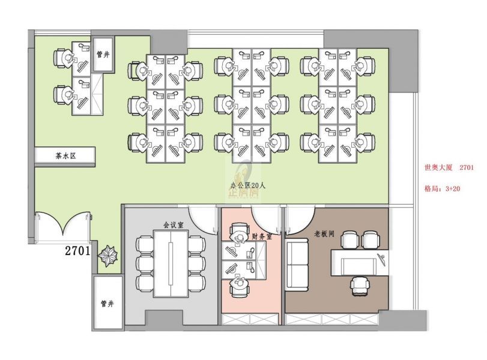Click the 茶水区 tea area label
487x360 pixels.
(x=65, y=156)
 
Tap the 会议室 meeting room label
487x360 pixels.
(x=174, y=224)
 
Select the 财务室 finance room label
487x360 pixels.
(x=262, y=236)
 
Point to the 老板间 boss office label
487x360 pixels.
(x=324, y=233)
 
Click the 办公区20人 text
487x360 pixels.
(x=248, y=185)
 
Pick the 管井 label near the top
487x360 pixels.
(x=103, y=55)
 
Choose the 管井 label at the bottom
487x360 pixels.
(x=107, y=304)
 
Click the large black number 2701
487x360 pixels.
(x=77, y=250)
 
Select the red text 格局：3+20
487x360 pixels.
(x=443, y=188)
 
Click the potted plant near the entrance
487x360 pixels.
(x=107, y=256)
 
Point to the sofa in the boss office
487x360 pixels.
(x=297, y=265)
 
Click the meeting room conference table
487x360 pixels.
(x=171, y=264)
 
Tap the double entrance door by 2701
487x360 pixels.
(x=64, y=224)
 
